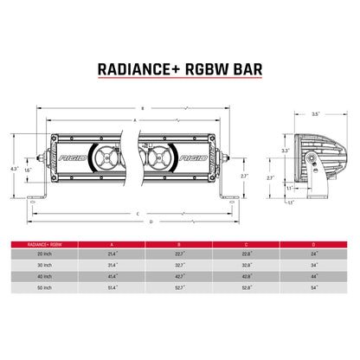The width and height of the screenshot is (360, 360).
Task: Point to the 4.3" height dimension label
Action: click(13, 168)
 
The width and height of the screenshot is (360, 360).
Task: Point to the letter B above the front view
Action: click(142, 108)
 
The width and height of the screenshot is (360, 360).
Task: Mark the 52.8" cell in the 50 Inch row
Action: click(246, 287)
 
